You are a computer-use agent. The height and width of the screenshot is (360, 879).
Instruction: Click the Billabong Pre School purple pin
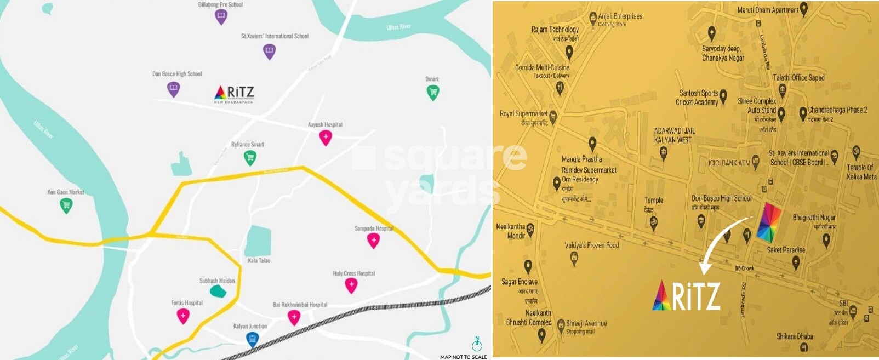(220, 17)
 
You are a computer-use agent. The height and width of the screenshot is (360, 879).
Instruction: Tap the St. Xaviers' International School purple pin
(269, 52)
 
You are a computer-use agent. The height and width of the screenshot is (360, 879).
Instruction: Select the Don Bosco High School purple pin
(173, 89)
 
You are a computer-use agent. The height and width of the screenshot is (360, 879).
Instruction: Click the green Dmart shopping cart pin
(432, 92)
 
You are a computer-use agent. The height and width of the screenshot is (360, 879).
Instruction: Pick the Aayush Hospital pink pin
(326, 137)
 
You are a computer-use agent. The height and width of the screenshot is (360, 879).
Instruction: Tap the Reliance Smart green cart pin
(250, 158)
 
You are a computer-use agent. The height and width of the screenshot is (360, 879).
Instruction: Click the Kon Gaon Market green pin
(66, 205)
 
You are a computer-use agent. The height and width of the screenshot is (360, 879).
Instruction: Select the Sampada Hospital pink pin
(373, 240)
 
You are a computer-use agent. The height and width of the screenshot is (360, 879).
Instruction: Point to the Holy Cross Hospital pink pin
(351, 285)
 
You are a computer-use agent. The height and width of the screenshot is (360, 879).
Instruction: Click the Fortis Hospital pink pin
(183, 316)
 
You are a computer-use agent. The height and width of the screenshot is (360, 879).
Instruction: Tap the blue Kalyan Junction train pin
(252, 339)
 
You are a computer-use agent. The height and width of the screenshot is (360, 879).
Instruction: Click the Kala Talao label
(259, 261)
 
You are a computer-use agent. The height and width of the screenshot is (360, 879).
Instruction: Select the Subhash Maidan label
(217, 281)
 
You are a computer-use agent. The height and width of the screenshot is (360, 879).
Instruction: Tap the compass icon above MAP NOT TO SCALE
(477, 344)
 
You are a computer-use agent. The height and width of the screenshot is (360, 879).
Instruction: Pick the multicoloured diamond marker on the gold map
(769, 222)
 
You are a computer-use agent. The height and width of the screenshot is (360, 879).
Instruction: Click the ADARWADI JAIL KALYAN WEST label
(673, 135)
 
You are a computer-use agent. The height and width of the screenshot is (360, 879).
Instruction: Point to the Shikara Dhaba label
(795, 336)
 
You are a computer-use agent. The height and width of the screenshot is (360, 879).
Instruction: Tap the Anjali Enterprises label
(620, 16)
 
